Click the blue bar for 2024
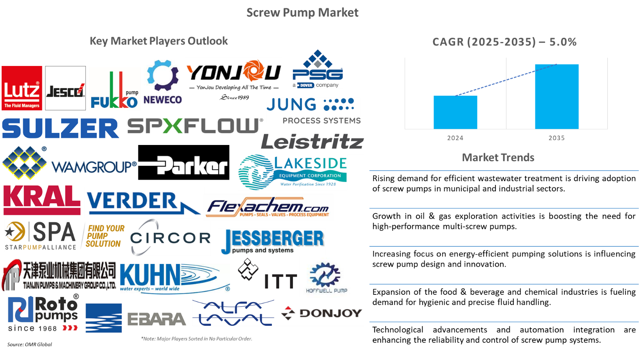point(455,112)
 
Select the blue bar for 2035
point(557,97)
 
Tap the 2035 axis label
point(557,138)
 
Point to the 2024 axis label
point(455,138)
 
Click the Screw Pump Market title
point(302,13)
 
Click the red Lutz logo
point(22,88)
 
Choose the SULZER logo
point(60,128)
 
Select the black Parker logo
point(184,162)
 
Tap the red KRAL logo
point(42,200)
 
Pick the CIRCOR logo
point(170,237)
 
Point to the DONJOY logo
point(322,313)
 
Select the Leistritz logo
point(312,141)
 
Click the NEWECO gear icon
point(162,75)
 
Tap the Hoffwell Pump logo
point(326,278)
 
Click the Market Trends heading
point(498,158)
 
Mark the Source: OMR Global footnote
point(30,345)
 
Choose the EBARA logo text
point(156,319)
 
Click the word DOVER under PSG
point(306,85)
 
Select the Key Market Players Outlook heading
point(159,41)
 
